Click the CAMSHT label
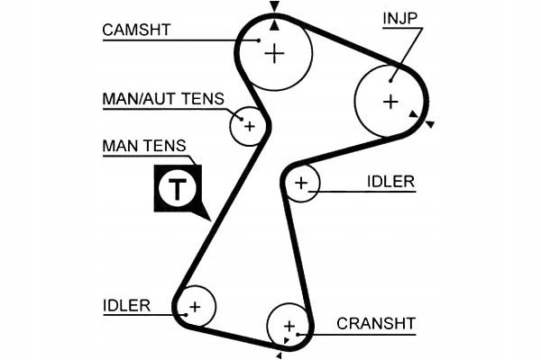pos(136,29)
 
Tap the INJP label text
pos(401,17)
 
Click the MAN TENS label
pos(143,145)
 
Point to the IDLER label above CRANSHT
pos(390,181)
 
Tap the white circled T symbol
pos(177,187)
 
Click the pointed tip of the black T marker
pos(209,220)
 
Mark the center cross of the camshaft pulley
pos(274,53)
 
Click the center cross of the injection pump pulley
pos(390,102)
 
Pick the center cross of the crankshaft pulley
pos(289,325)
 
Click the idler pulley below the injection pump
pos(301,184)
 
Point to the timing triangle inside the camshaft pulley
pos(274,24)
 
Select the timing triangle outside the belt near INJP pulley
pos(430,124)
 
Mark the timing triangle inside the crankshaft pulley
pos(286,340)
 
